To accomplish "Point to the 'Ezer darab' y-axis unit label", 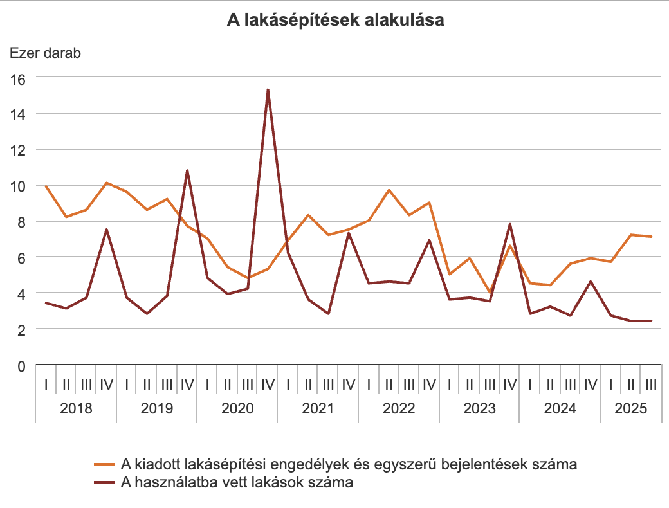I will (45, 53).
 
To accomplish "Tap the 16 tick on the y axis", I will (17, 78).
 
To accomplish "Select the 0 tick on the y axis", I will (21, 367).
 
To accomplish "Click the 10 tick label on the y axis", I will (17, 186).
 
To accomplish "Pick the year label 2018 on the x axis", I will (76, 408).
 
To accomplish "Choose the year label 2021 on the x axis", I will (318, 408).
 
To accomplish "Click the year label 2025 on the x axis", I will (631, 408).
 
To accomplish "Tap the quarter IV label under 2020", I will (268, 385).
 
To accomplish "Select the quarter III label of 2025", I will (651, 385).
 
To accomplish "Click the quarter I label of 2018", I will (46, 385).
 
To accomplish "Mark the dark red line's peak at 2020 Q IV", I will (268, 90).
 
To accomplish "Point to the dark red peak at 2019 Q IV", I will (187, 170).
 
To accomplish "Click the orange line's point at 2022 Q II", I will (389, 190).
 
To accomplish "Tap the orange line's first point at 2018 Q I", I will (46, 186).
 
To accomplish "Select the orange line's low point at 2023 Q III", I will (490, 293).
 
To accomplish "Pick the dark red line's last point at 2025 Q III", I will (651, 321).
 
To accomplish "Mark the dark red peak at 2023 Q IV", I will (509, 224).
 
